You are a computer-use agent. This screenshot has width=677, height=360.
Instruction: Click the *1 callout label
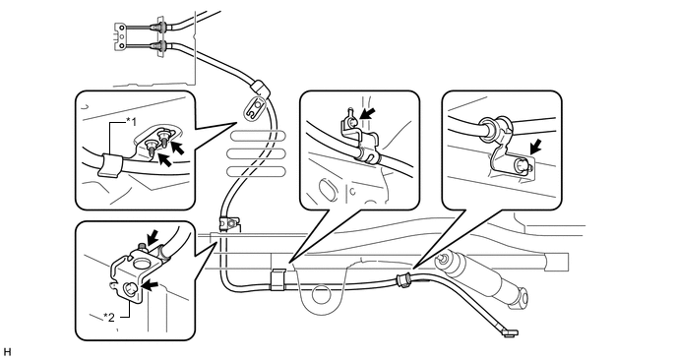pos(131,122)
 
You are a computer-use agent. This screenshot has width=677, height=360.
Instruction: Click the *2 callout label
pos(109,318)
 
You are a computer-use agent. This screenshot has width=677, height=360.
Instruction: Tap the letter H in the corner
pos(6,351)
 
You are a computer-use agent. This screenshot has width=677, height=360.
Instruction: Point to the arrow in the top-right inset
pos(535,146)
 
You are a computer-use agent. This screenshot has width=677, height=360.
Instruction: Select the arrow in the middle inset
pos(367,114)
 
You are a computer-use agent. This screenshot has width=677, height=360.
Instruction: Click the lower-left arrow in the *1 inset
pos(165,158)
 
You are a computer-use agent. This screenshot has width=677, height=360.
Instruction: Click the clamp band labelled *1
pos(108,165)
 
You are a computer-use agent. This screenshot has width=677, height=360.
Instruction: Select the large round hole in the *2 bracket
pos(141,263)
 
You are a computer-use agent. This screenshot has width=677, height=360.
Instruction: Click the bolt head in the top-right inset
pos(522,165)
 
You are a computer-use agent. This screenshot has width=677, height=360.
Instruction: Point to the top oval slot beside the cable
pos(258,136)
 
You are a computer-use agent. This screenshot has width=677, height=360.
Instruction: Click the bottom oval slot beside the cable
pos(256,172)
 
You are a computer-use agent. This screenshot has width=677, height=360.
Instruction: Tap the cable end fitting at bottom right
pos(511,332)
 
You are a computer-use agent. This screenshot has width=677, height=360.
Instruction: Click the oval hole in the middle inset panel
pos(327,190)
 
